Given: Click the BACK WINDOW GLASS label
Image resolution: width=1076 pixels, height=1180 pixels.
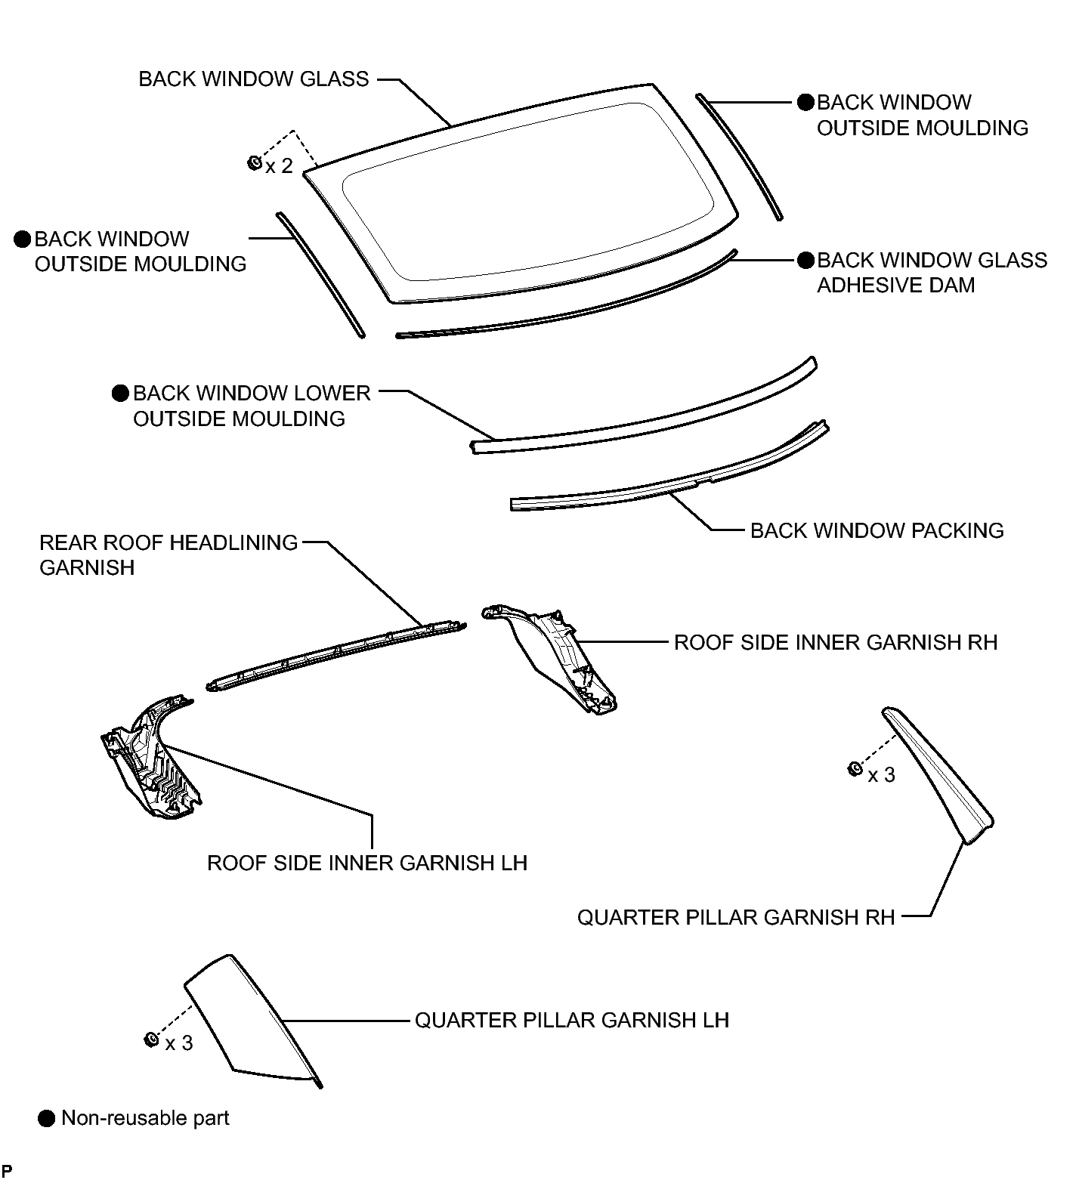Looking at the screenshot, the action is [x=254, y=79].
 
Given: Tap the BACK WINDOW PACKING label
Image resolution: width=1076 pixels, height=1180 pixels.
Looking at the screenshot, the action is [x=877, y=530].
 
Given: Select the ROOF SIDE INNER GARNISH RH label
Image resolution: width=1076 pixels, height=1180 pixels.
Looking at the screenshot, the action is [x=836, y=642].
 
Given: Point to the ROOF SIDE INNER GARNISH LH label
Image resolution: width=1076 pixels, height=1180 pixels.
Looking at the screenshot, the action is [x=367, y=863].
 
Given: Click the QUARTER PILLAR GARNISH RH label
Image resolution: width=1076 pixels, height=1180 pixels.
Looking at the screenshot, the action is [x=736, y=917].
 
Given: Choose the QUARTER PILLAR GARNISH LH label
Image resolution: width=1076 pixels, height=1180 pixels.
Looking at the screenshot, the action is [x=572, y=1020].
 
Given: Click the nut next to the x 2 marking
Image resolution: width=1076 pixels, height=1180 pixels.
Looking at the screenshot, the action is [x=255, y=162].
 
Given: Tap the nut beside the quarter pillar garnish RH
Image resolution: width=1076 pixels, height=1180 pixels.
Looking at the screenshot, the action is [x=855, y=769].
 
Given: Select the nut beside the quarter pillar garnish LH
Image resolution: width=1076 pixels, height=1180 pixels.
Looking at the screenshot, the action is [x=150, y=1039].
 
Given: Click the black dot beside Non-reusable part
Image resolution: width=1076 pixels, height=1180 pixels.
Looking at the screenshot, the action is [x=47, y=1119].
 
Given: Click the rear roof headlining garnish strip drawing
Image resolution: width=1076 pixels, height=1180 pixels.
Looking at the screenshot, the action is [x=336, y=654].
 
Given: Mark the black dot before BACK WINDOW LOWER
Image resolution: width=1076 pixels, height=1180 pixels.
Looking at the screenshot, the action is [x=120, y=394].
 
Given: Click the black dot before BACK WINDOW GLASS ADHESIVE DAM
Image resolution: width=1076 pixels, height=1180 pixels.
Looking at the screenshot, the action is [x=806, y=261].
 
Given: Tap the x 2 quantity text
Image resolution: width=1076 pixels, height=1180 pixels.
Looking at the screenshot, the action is [x=279, y=166].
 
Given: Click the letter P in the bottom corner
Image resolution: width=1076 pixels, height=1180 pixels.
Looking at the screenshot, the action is [x=7, y=1171].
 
